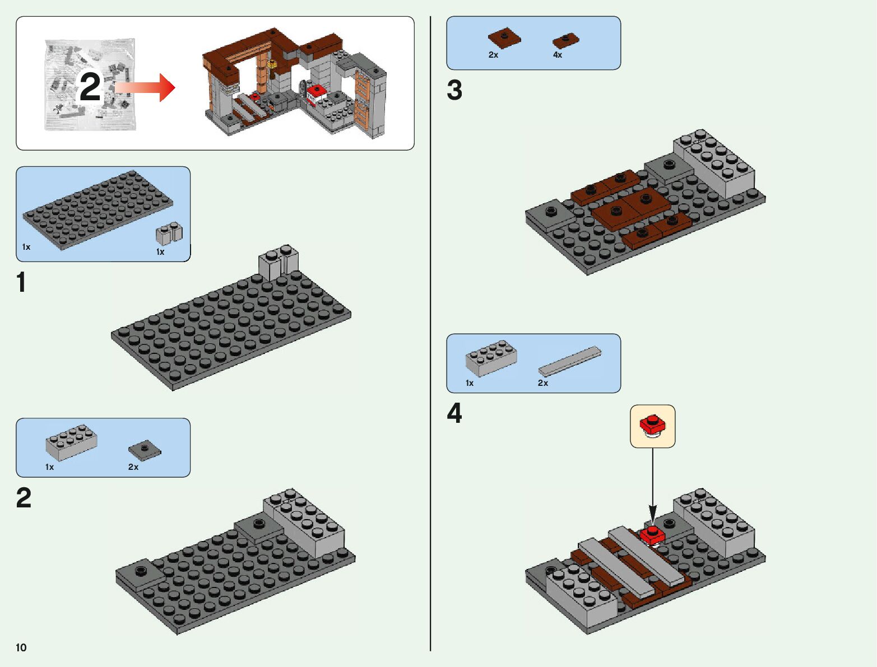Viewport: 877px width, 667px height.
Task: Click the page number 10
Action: (21, 647)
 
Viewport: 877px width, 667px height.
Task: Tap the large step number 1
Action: (21, 282)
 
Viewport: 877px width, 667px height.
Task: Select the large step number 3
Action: (454, 90)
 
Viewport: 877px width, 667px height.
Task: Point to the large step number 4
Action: (454, 414)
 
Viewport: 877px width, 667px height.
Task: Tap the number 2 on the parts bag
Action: (90, 87)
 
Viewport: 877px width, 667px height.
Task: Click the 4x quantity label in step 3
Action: (558, 55)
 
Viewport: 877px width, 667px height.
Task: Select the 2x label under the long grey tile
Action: (542, 383)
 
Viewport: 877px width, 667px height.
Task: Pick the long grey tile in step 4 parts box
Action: (569, 361)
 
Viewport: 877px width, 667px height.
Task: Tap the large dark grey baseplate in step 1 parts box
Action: (98, 209)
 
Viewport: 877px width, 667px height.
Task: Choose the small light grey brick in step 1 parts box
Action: (169, 232)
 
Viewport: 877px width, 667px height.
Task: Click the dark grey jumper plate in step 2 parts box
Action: (145, 449)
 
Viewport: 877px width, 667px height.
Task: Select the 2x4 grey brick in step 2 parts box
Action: (71, 442)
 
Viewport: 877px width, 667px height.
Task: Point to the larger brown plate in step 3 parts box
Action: (504, 38)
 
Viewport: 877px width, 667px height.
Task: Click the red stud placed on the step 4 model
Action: (652, 533)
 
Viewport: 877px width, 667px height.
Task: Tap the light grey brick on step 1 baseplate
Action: (278, 261)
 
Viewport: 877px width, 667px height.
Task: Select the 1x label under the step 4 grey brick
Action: (470, 383)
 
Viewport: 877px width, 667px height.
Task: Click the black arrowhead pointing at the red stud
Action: (652, 514)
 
